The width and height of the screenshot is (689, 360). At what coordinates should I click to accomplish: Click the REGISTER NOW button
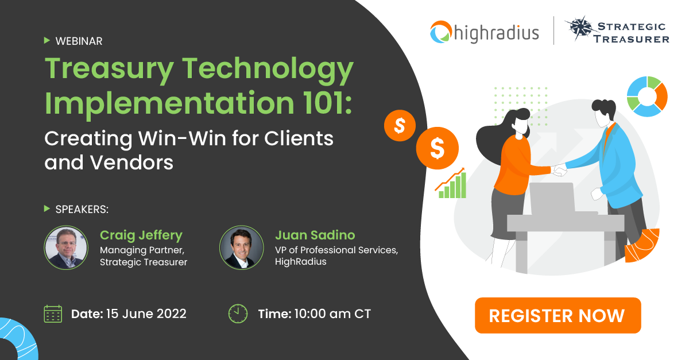[x=557, y=315]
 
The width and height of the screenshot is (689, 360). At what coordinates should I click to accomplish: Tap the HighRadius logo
[x=486, y=32]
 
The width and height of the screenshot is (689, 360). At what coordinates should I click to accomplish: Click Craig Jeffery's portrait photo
[x=67, y=247]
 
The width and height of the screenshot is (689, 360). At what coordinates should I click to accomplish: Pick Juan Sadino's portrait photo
[x=241, y=247]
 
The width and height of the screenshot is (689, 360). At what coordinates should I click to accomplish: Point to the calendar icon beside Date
[x=53, y=313]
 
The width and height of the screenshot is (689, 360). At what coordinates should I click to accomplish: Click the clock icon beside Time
[x=238, y=313]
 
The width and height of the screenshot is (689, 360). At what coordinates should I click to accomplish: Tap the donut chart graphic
[x=647, y=96]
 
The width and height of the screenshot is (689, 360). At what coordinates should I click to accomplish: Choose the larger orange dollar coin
[x=438, y=149]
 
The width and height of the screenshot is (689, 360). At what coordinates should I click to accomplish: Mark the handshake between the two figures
[x=558, y=169]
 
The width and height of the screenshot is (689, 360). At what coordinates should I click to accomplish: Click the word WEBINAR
[x=79, y=41]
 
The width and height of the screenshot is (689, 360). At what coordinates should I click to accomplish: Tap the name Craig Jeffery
[x=141, y=235]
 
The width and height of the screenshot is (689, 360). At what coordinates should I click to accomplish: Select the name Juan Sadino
[x=315, y=235]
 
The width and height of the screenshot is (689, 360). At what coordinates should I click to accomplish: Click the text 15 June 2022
[x=146, y=313]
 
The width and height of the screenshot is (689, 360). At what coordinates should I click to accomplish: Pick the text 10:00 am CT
[x=332, y=313]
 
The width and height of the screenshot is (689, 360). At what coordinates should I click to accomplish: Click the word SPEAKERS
[x=82, y=209]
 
